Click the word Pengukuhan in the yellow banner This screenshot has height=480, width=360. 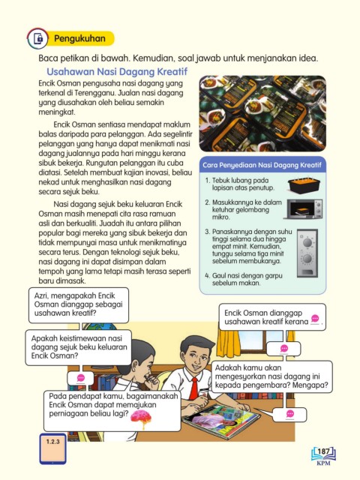tap(79, 38)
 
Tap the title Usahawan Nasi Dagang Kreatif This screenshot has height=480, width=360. tap(117, 72)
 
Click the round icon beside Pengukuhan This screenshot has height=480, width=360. tap(37, 39)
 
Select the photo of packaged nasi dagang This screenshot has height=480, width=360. tap(262, 113)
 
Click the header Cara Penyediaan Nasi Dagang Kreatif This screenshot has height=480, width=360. tap(262, 165)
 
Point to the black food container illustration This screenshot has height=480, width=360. tap(304, 185)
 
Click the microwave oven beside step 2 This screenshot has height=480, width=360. tap(303, 208)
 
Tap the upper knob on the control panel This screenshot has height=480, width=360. tap(307, 243)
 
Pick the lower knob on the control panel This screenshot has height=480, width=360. tap(307, 259)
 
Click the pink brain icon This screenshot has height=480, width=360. tap(141, 418)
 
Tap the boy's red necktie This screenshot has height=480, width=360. tap(193, 388)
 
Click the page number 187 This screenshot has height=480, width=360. tap(323, 451)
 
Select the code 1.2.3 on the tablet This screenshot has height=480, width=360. tap(53, 442)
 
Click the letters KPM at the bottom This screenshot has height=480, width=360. tap(323, 463)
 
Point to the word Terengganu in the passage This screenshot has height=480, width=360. tap(95, 93)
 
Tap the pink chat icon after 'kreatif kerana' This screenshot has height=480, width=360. tap(315, 319)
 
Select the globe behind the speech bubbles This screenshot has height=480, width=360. tap(100, 326)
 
